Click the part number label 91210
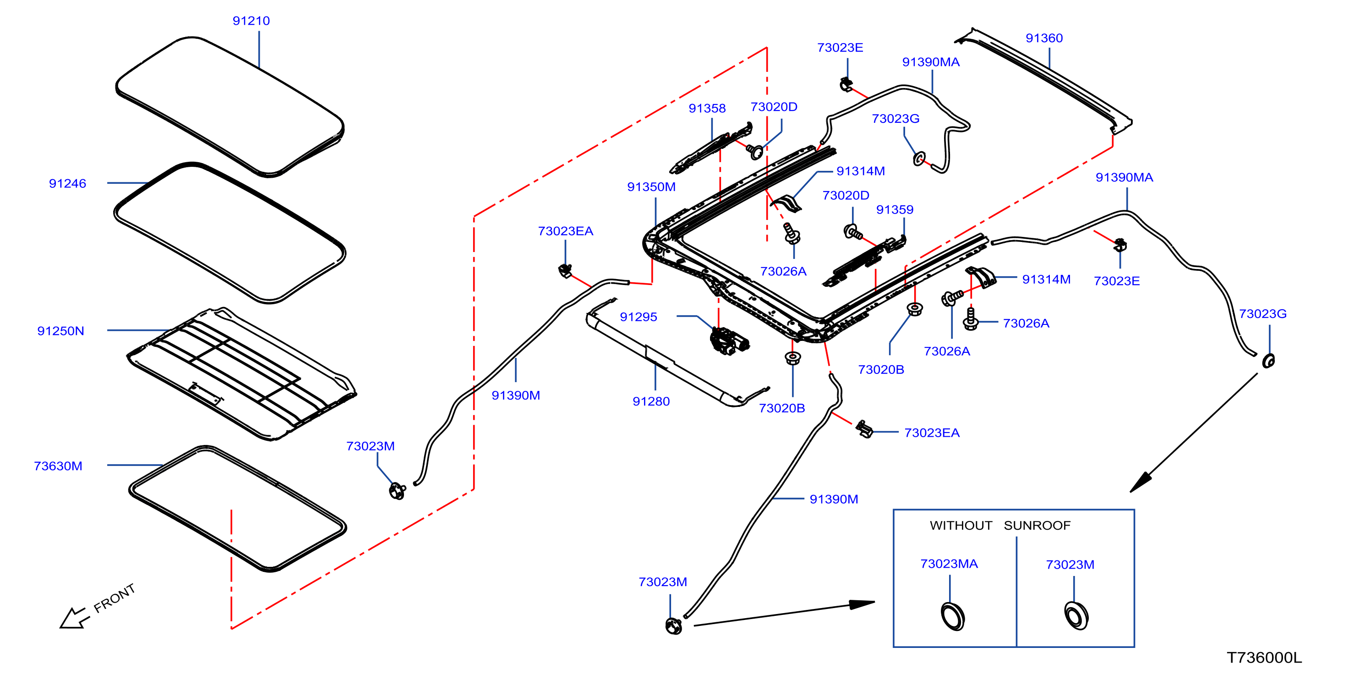(251, 21)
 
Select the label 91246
(67, 184)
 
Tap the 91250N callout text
(60, 331)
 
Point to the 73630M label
(58, 466)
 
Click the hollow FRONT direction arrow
(74, 618)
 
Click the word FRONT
(115, 598)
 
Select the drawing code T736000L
(1264, 658)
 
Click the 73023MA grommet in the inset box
(952, 616)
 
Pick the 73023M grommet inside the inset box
(1076, 615)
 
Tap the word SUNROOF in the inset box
(1037, 526)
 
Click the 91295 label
(639, 317)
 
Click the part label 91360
(1044, 38)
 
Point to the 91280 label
(651, 402)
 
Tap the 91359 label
(895, 210)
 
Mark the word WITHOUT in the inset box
(961, 526)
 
